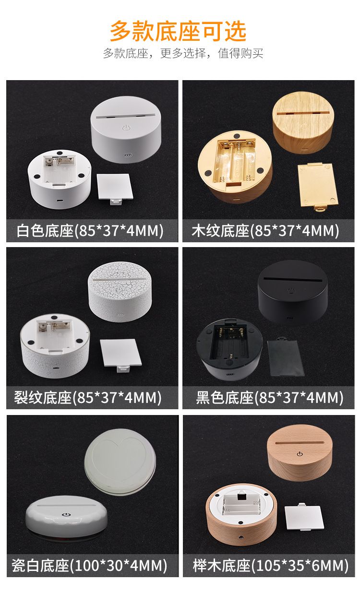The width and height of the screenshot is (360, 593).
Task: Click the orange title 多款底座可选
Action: point(178,31)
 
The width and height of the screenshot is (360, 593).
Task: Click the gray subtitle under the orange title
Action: point(183,53)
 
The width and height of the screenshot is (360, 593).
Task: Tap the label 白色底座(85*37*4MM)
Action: point(90,231)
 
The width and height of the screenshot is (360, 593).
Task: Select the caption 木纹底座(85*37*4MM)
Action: point(265,231)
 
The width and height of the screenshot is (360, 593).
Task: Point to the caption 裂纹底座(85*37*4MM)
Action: point(88,398)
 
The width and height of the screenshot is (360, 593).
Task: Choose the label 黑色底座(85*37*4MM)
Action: point(270,398)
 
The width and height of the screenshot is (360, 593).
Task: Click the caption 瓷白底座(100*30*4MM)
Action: point(89,566)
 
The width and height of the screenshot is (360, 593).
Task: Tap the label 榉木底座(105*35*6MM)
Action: point(270,566)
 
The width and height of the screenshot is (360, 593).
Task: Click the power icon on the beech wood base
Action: point(300,454)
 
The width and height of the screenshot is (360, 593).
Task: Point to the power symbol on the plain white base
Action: point(126,128)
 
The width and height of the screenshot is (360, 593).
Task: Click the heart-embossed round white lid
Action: point(120,462)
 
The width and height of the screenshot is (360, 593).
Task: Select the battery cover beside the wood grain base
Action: point(318,187)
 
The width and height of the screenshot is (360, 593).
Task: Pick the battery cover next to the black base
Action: point(285,357)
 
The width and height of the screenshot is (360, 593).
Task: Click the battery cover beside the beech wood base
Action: point(304,517)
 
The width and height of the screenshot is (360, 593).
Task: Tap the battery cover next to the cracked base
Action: point(120,355)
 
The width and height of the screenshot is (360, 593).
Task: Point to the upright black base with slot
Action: point(292,292)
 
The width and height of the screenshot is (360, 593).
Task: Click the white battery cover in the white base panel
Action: point(115,189)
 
